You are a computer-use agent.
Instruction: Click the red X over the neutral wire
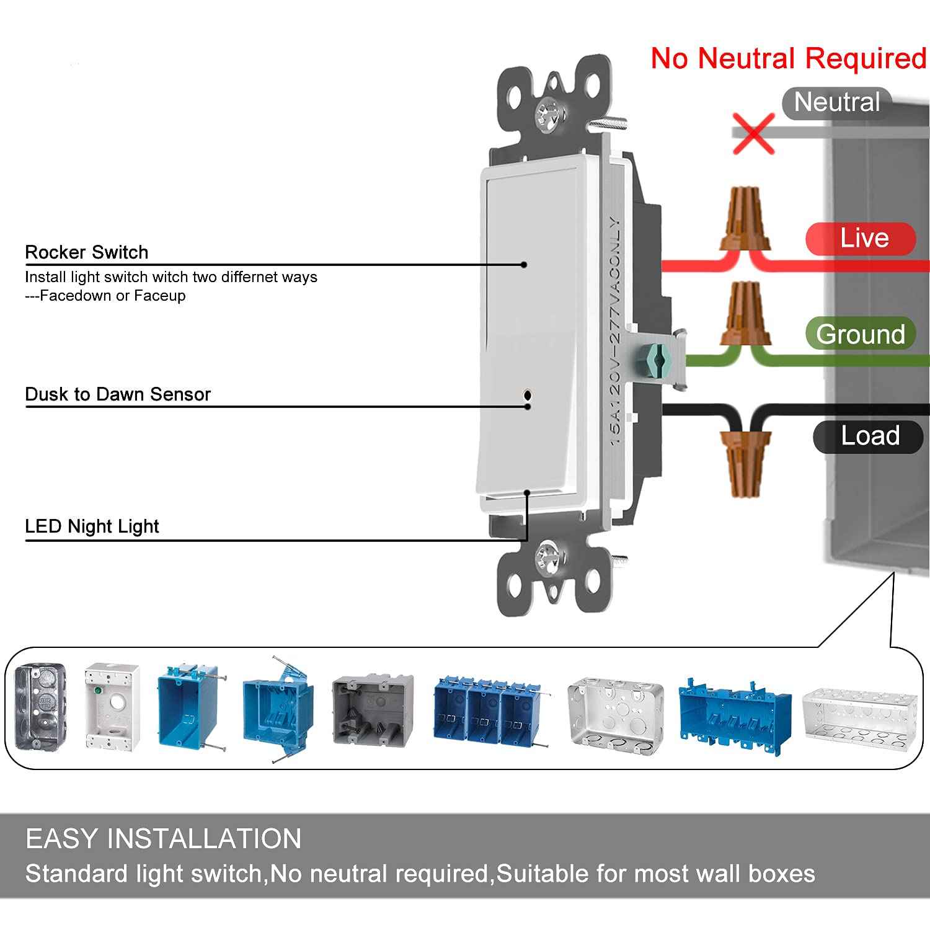753,133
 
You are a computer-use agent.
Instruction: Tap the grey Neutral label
837,102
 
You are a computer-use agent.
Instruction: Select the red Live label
862,239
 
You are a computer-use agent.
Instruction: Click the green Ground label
861,334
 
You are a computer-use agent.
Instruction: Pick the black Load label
869,436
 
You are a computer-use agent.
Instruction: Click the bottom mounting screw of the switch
549,553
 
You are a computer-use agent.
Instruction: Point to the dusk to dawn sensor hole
528,395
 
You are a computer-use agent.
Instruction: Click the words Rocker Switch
87,252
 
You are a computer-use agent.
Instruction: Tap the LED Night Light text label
92,526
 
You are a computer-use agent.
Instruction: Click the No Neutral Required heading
789,58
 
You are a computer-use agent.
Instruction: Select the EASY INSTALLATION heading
164,839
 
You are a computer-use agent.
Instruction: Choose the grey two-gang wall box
373,709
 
